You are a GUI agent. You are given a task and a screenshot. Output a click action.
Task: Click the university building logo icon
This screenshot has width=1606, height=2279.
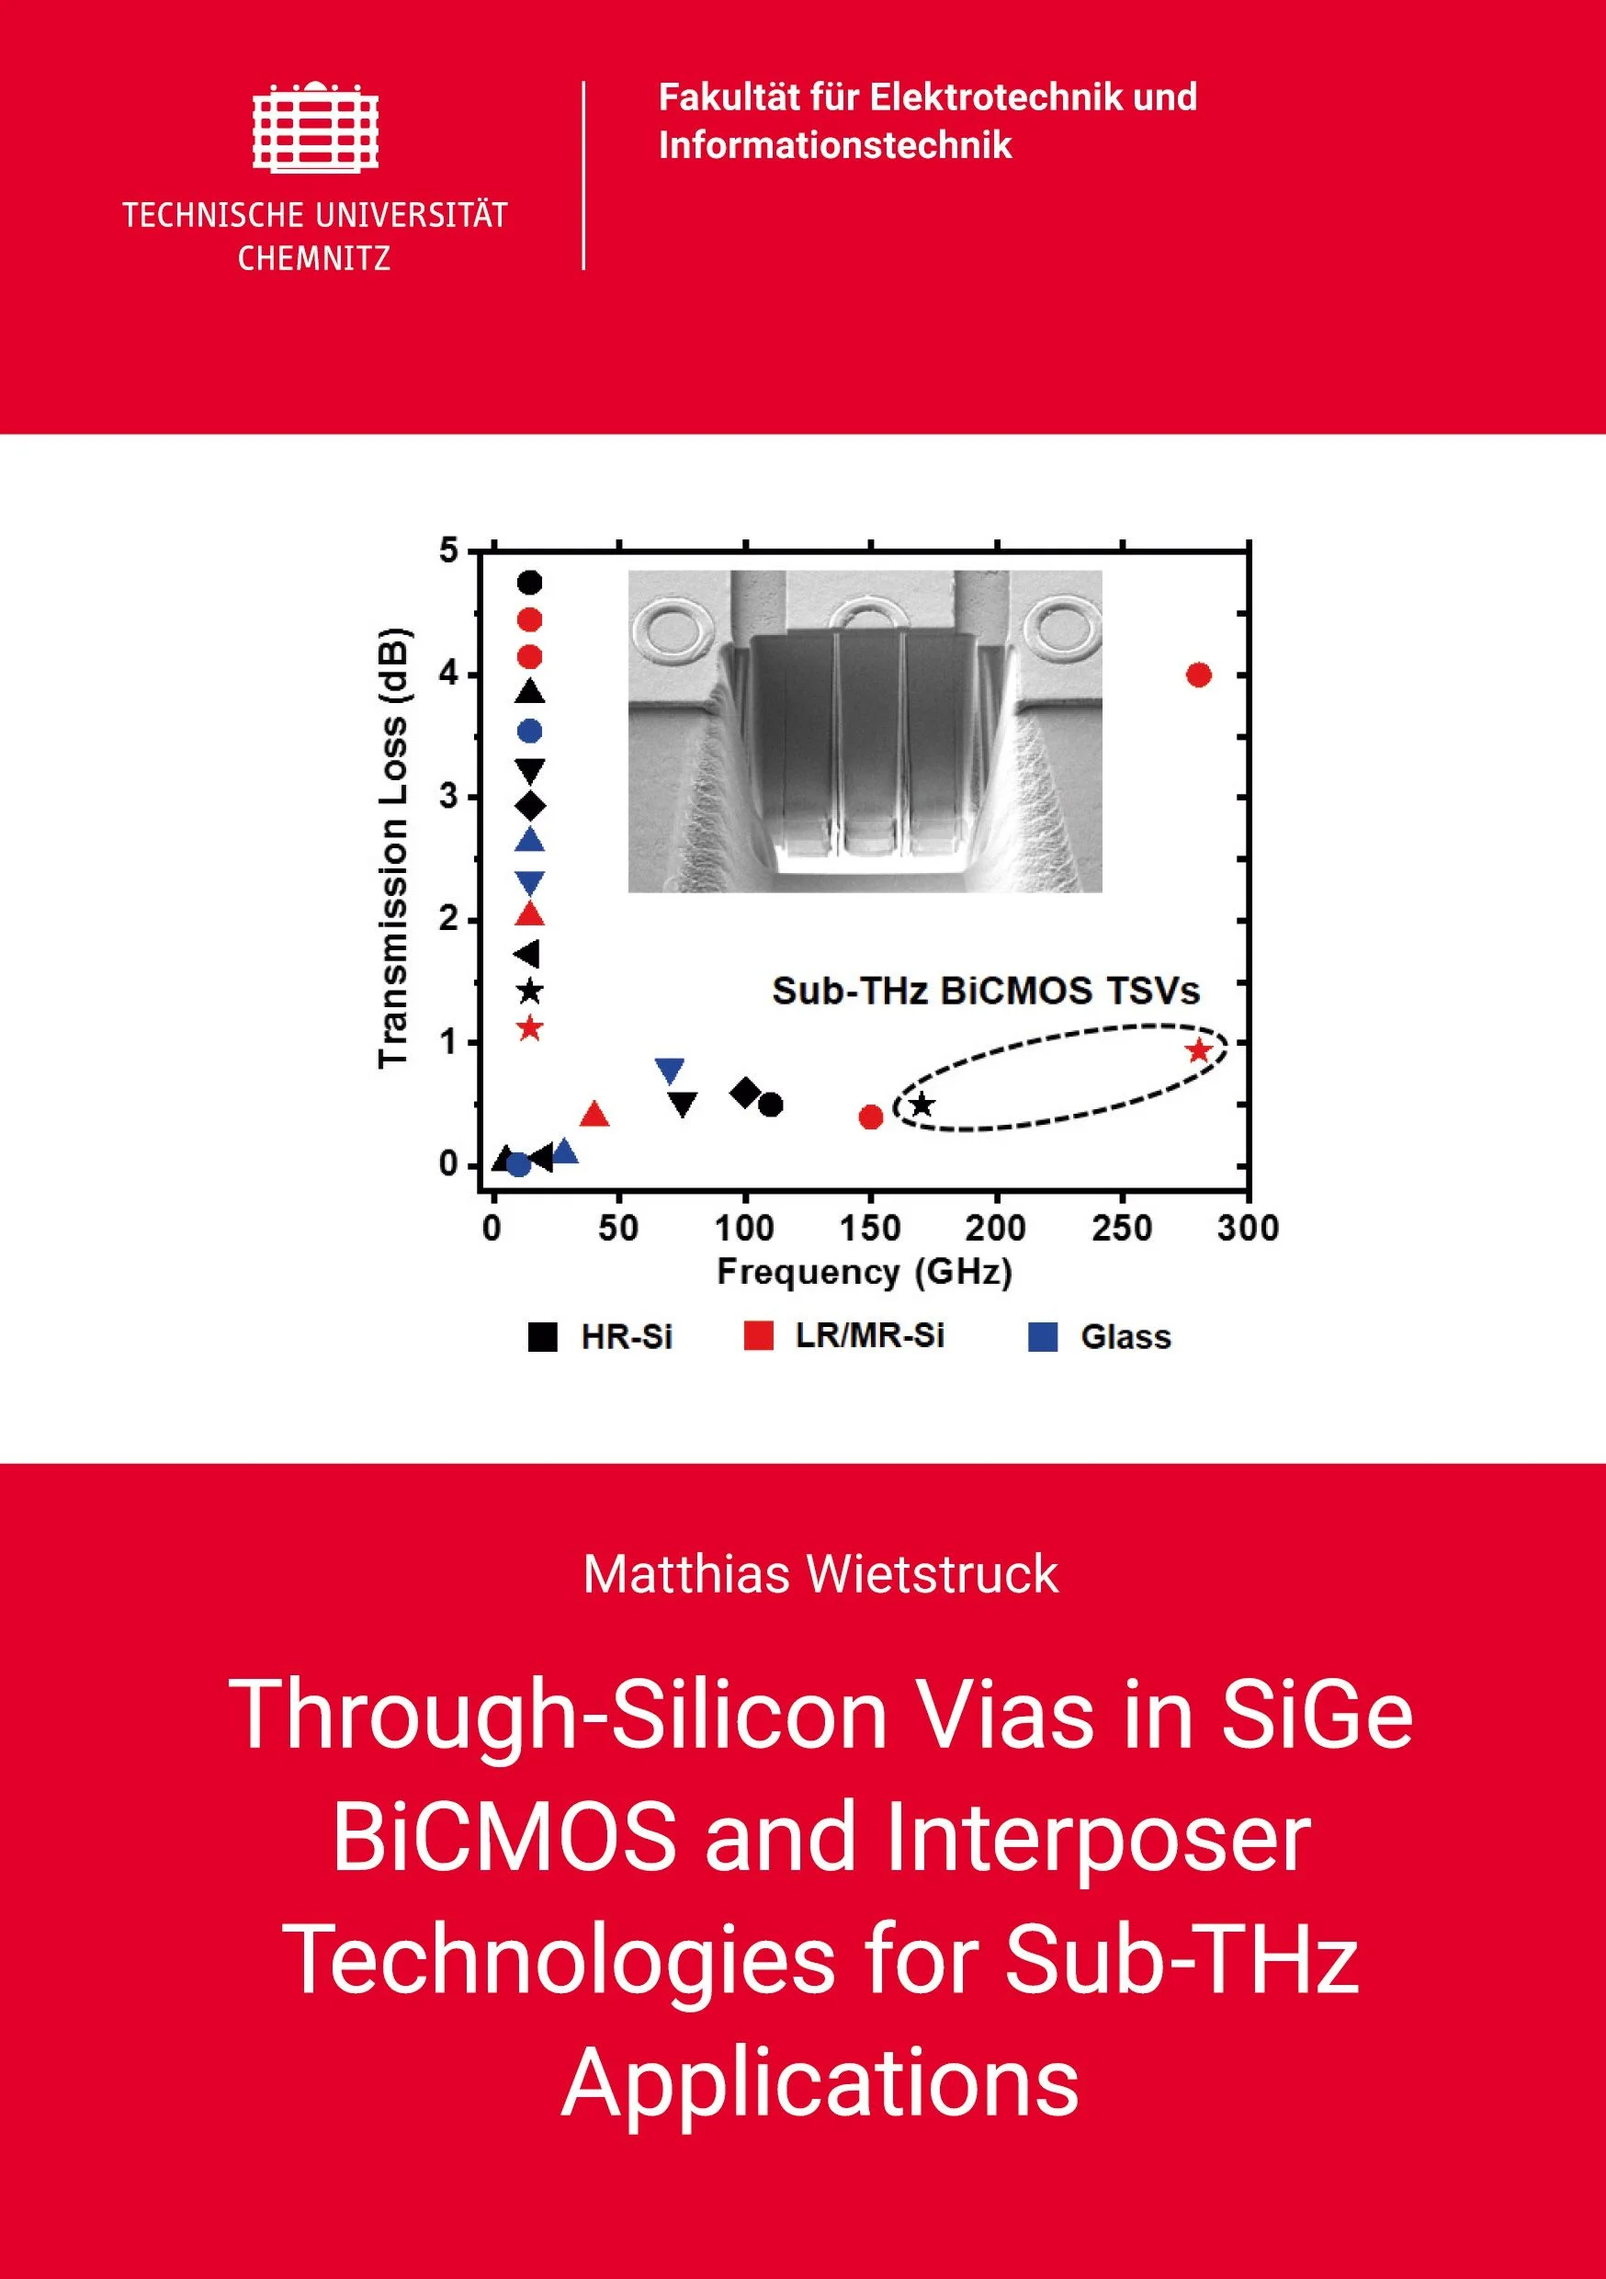point(316,125)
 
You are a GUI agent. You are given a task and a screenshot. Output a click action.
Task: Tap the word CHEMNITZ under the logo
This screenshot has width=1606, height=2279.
point(314,259)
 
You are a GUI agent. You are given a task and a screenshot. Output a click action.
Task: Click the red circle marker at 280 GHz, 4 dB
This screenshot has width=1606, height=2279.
point(1199,675)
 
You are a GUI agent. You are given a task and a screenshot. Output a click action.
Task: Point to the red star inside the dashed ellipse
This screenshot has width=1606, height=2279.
point(1199,1050)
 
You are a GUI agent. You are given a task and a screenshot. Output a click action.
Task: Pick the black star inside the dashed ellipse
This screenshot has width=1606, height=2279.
point(923,1104)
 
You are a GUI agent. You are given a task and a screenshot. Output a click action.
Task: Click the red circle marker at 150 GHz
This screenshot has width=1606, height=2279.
point(870,1117)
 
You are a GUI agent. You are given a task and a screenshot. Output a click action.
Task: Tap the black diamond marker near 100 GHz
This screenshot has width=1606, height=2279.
point(744,1093)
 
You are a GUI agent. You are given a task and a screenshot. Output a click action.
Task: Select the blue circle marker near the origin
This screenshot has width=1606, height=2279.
point(518,1164)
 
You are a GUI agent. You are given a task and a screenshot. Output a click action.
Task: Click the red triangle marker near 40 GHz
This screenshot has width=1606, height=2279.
point(594,1115)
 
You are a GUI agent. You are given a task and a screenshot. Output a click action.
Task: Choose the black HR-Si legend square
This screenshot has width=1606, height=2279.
point(542,1337)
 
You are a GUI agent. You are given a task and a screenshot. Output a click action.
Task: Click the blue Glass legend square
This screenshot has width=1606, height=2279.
point(1043,1337)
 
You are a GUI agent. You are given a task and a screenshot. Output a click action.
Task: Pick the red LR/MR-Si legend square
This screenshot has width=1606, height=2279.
point(758,1335)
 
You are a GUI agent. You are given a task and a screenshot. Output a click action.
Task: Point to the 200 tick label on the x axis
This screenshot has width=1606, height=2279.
point(996,1229)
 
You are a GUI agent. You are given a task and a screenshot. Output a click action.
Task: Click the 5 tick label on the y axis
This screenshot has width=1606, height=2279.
point(449,550)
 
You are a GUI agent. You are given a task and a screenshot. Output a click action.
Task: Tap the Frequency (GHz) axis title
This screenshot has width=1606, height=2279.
point(865,1273)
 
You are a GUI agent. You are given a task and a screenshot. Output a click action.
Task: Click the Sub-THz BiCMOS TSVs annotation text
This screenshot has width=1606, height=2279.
point(986,991)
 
